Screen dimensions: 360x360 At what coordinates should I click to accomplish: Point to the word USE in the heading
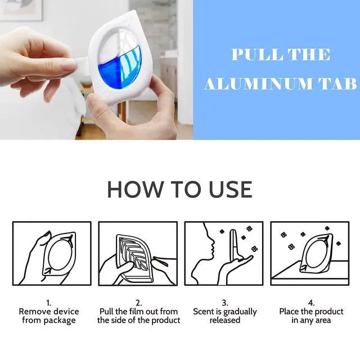(x=231, y=189)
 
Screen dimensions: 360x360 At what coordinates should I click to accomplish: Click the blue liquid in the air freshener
(x=120, y=69)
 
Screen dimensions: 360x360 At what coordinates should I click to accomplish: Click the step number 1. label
(x=49, y=303)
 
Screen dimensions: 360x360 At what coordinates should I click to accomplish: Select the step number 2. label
(x=139, y=303)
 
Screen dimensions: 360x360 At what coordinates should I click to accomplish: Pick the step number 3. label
(x=225, y=303)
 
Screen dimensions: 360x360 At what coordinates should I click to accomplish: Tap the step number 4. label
(x=311, y=303)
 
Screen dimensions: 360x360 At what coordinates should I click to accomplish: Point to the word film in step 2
(x=136, y=312)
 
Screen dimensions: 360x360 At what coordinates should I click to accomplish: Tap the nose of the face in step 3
(x=214, y=243)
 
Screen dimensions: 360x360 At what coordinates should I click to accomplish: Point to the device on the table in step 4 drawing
(x=316, y=253)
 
